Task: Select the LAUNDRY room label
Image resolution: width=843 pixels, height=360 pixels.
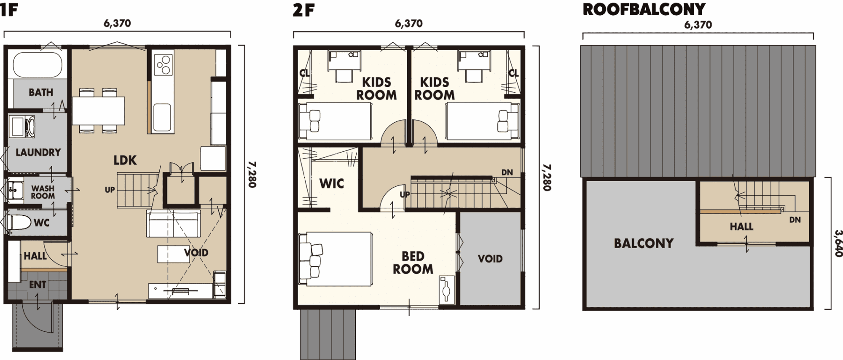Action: coord(38,152)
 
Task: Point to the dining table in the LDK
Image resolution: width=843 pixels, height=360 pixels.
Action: coord(99,111)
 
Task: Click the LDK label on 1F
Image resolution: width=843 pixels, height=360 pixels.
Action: coord(125,160)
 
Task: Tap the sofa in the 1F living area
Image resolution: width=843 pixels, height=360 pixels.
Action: coord(173,223)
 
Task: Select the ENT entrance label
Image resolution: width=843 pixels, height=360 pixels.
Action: coord(38,285)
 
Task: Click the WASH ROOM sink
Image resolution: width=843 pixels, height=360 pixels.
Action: coord(16,190)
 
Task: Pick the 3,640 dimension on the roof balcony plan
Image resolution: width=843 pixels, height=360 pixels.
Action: coord(838,243)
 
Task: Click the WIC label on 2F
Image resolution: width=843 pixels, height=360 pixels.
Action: coord(332,183)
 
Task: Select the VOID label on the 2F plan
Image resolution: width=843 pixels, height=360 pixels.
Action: coord(490,258)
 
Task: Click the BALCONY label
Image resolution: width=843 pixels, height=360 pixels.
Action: coord(644,243)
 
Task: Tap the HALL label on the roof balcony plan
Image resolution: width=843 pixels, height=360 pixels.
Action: coord(741,226)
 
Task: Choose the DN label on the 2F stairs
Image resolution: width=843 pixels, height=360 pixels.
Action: coord(507,172)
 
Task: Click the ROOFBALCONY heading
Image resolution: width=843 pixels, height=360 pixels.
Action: coord(644,9)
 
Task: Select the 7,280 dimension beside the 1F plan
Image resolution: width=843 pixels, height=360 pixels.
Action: coord(252,174)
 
